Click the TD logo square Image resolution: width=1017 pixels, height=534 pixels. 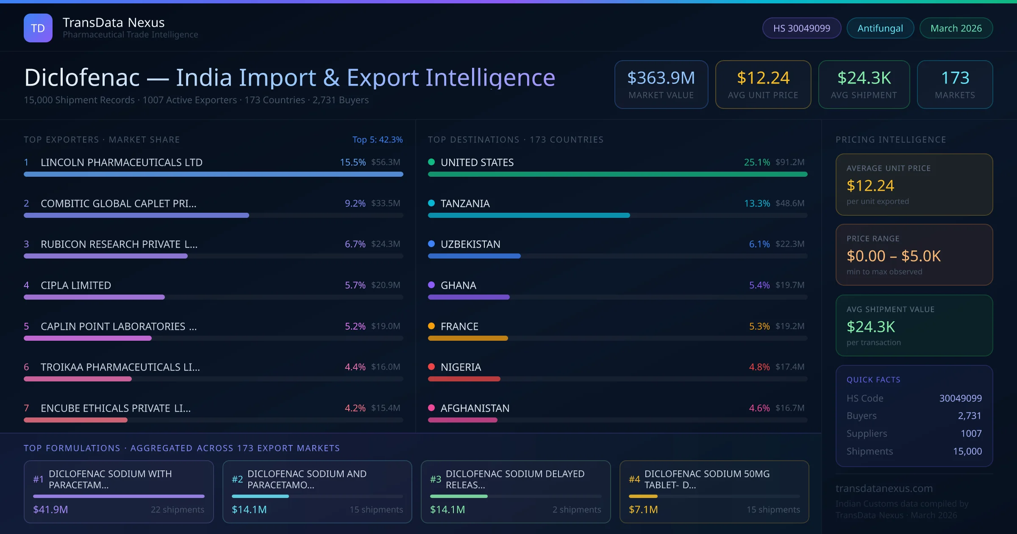[38, 28]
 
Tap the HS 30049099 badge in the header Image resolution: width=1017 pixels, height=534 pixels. [801, 28]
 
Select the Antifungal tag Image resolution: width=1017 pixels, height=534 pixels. [880, 28]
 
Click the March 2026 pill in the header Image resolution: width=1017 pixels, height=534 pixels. [956, 28]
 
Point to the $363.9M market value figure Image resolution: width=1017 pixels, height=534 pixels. [661, 78]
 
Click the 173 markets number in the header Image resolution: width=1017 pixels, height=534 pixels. [955, 78]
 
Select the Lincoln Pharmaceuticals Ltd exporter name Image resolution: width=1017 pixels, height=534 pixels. [122, 162]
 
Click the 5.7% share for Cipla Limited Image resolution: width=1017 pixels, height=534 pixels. [355, 285]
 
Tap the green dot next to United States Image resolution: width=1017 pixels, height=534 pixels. [431, 162]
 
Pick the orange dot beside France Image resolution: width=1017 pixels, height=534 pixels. [431, 326]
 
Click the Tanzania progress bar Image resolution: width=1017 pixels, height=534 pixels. [529, 215]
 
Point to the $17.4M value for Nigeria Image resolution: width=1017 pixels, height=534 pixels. [790, 367]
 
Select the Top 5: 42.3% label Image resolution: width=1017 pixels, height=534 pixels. [377, 139]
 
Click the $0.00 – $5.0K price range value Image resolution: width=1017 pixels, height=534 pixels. [893, 256]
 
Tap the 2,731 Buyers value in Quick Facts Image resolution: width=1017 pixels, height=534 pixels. [970, 416]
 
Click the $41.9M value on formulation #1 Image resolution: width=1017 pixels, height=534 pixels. [50, 509]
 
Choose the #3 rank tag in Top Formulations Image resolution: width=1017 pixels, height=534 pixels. [436, 479]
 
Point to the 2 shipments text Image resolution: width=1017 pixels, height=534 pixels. [576, 509]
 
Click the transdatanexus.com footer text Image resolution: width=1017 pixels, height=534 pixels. [884, 488]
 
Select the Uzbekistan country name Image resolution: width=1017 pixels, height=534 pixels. [470, 244]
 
